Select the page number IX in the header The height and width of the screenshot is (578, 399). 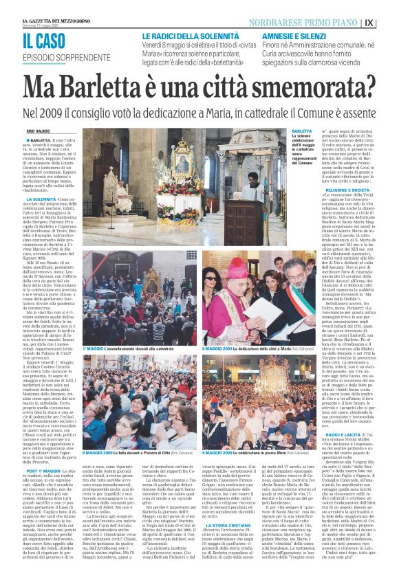(389, 21)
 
